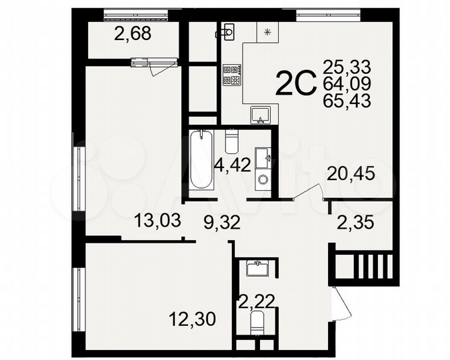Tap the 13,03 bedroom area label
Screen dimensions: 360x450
pos(158,220)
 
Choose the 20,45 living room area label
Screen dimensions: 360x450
pos(351,174)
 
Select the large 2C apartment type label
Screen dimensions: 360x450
pos(295,85)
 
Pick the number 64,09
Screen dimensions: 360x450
pos(346,84)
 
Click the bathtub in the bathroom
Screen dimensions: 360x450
pos(200,161)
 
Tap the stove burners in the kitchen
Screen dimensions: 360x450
pos(231,75)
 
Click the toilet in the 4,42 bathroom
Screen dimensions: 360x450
pos(232,141)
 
